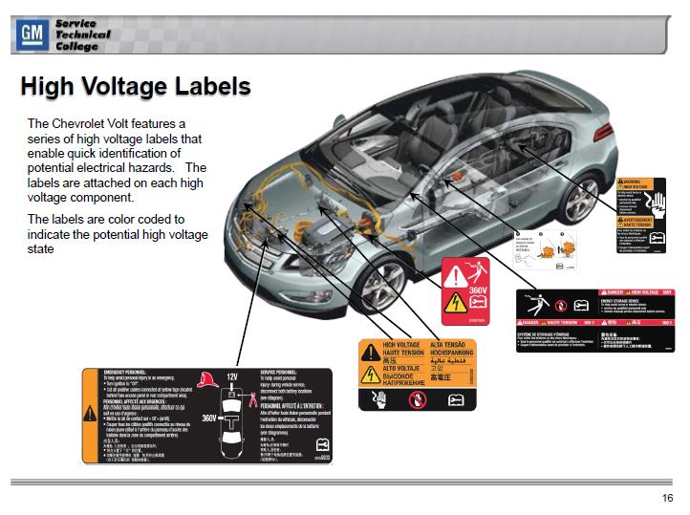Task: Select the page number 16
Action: coord(667,498)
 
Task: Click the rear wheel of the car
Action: coord(580,200)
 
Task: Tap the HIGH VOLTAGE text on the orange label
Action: coord(401,344)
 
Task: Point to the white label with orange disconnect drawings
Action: coord(547,250)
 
